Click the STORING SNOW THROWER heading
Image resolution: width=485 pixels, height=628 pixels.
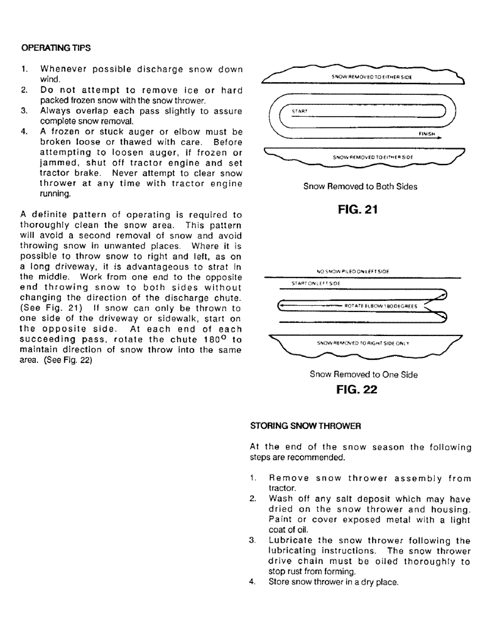(x=305, y=425)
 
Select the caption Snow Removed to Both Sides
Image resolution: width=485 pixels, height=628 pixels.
(x=360, y=187)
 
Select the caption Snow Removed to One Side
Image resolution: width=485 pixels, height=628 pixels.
(x=363, y=374)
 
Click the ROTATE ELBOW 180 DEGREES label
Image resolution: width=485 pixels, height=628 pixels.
(x=381, y=306)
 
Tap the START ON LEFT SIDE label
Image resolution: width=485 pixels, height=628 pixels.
(x=315, y=284)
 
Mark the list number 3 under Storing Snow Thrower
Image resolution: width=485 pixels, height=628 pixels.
(x=252, y=540)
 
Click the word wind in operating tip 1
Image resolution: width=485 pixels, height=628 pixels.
(x=51, y=79)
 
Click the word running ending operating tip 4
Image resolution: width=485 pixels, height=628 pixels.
(x=55, y=194)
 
